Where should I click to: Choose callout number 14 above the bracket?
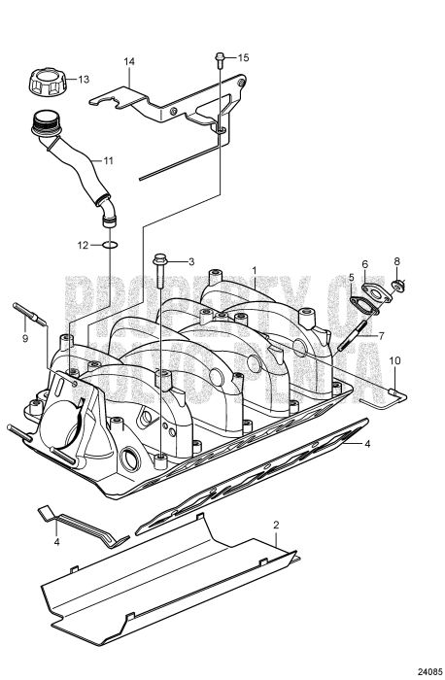point(127,61)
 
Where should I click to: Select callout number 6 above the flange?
point(365,263)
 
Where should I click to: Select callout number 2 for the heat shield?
point(277,525)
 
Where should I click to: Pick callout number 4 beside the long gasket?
point(368,443)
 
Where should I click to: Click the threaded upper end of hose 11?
point(43,123)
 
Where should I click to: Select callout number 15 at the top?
point(243,58)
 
